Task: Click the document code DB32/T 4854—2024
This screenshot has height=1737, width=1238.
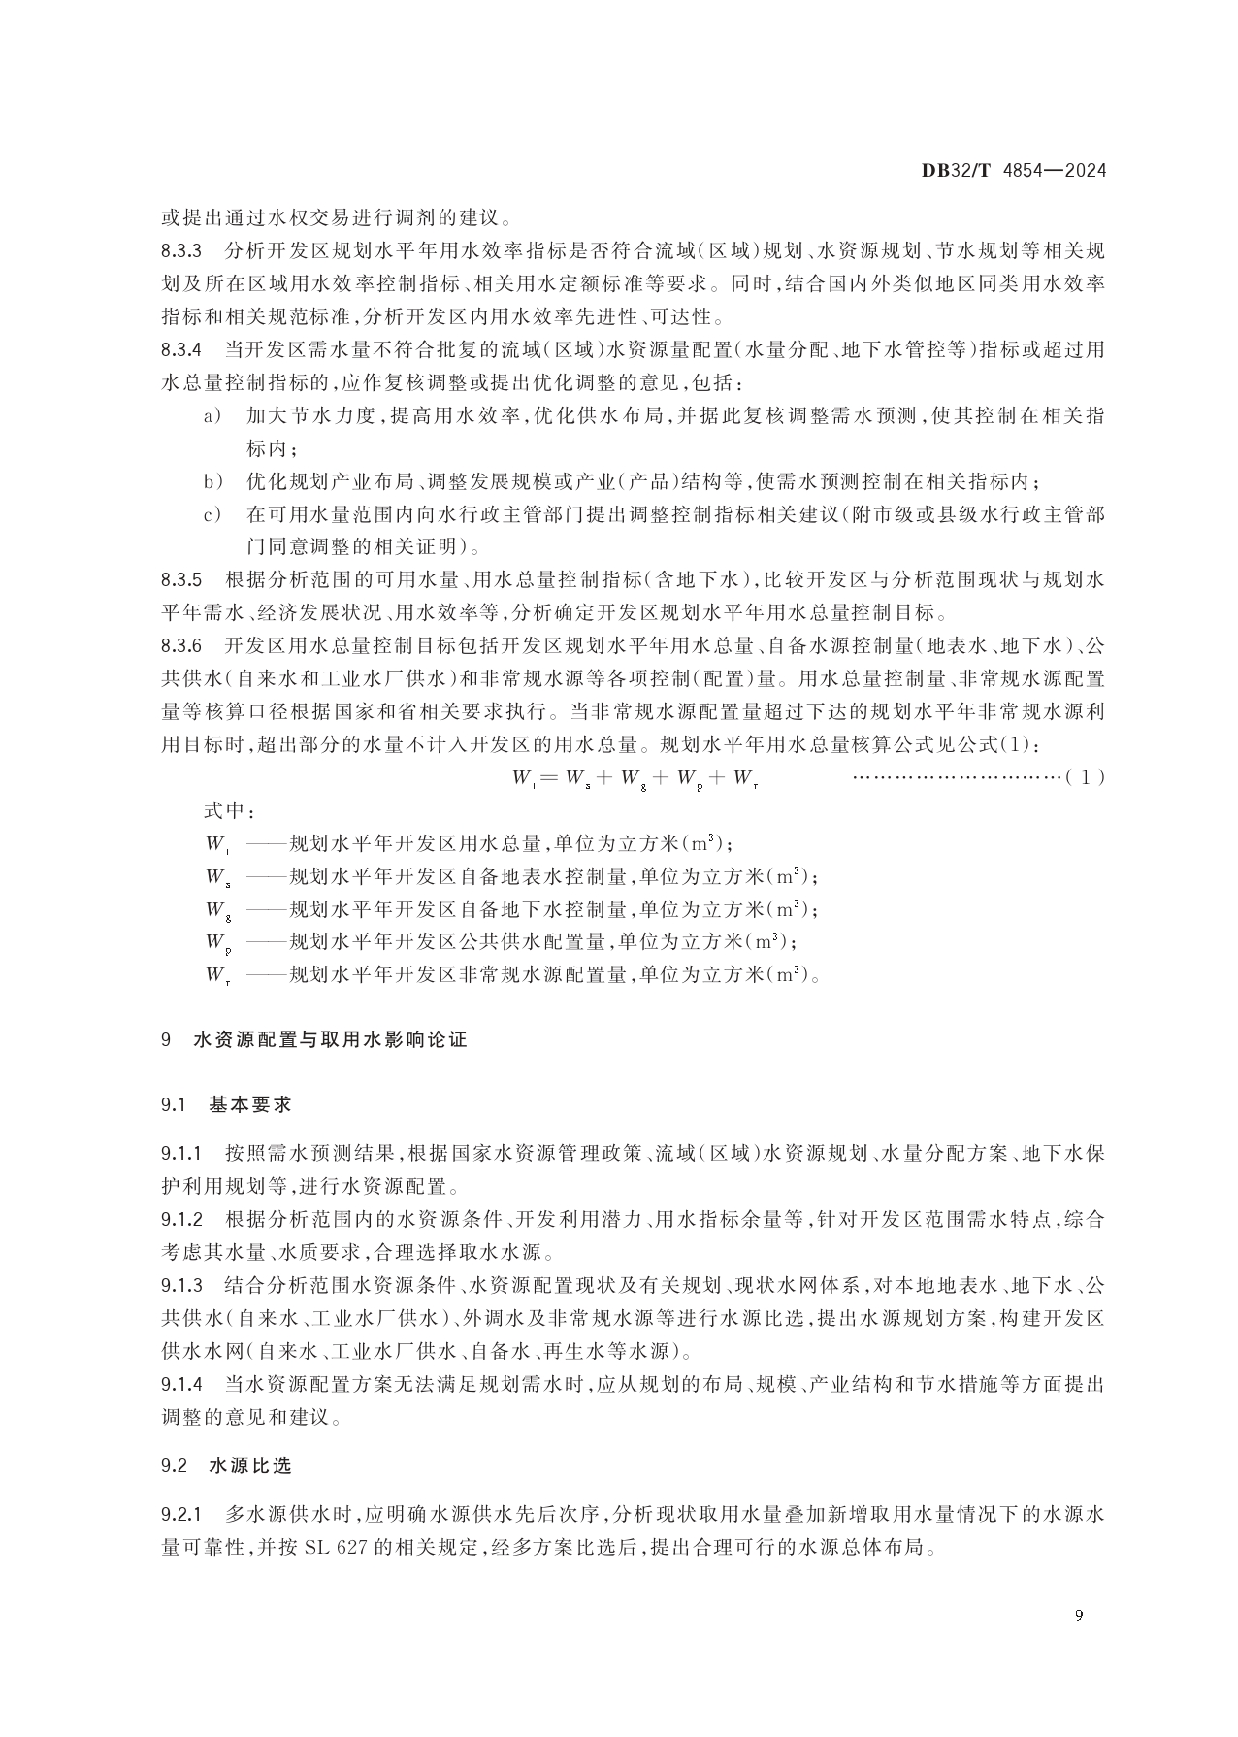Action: click(1013, 171)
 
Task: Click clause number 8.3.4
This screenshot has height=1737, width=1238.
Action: click(181, 350)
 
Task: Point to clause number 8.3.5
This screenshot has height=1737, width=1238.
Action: click(181, 581)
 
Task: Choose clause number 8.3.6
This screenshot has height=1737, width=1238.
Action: click(181, 646)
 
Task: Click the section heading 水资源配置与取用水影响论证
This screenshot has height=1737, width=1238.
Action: click(330, 1040)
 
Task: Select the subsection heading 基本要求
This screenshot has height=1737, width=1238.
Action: click(249, 1104)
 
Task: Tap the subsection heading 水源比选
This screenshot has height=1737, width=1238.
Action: click(249, 1466)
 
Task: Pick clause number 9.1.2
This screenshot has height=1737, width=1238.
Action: click(181, 1220)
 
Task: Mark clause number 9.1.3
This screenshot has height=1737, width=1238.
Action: click(181, 1286)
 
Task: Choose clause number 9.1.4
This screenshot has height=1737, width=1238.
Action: click(181, 1384)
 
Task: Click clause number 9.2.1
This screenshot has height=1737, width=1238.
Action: click(181, 1515)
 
